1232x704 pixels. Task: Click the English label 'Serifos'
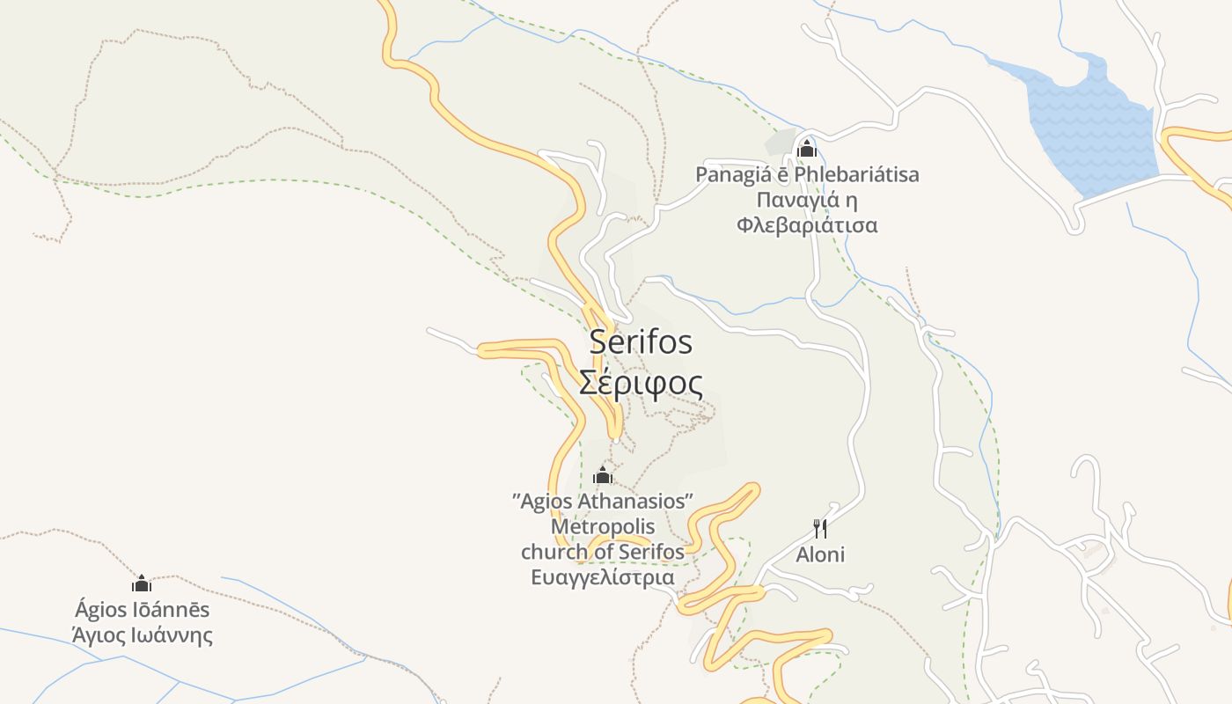tap(641, 341)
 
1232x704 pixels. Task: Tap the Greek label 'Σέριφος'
tap(641, 383)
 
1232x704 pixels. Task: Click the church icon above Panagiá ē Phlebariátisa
tap(806, 149)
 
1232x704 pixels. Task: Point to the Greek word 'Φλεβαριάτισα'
tap(807, 224)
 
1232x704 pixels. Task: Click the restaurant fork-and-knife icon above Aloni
tap(820, 528)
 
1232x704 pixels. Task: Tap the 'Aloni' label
tap(820, 554)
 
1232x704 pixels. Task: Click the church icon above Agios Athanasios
tap(603, 476)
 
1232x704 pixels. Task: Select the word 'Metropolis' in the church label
tap(603, 526)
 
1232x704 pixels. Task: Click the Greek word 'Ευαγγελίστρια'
tap(603, 577)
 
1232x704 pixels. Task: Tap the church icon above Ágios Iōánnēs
tap(142, 583)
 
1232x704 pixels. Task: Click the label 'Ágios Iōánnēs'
tap(143, 609)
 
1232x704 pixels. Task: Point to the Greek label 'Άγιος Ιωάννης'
tap(143, 634)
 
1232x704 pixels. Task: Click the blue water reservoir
tap(1091, 128)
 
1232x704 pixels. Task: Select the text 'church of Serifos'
tap(603, 552)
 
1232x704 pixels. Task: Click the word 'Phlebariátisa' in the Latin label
tap(856, 174)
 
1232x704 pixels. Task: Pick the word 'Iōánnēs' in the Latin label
tap(175, 609)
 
